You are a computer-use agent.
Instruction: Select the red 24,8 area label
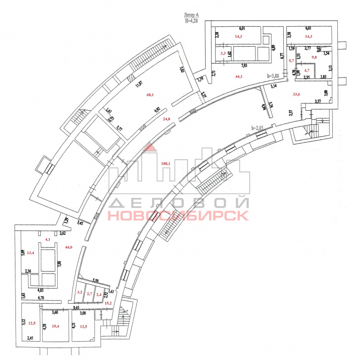tap(153, 119)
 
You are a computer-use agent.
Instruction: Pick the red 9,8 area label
tap(313, 57)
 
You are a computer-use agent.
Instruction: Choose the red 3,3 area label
tap(223, 54)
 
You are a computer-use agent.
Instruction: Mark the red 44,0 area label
tap(69, 247)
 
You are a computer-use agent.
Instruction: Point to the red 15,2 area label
tap(108, 302)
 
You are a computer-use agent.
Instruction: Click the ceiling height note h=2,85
tap(259, 128)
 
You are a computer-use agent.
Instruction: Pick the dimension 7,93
tap(244, 65)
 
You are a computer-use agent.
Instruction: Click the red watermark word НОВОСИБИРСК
tap(178, 215)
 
